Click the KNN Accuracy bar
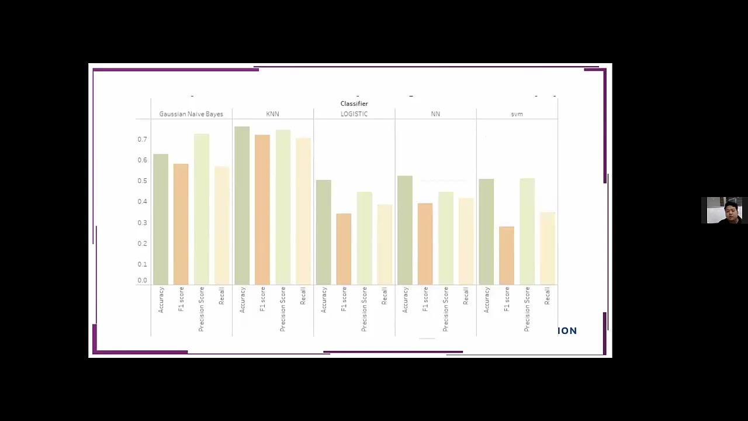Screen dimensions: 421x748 click(242, 205)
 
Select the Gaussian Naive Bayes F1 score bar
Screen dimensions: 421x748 click(181, 224)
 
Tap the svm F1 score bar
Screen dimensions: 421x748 click(507, 256)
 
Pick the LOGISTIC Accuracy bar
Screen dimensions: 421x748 click(324, 232)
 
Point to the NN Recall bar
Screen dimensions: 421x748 click(466, 241)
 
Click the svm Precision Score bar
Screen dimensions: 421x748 click(527, 231)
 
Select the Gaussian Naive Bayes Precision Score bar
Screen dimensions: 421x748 click(202, 209)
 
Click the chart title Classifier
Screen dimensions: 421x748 click(354, 103)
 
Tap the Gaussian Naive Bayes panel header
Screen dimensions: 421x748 click(191, 114)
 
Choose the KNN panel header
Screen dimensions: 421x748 click(272, 114)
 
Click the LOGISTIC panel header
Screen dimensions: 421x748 click(354, 114)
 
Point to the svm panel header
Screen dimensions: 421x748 click(517, 114)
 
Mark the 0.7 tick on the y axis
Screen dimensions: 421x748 click(142, 139)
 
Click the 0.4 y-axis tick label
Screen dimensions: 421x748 click(142, 202)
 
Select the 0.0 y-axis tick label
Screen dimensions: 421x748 click(142, 281)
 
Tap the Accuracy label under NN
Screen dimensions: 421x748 click(405, 300)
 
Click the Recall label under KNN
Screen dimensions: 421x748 click(303, 296)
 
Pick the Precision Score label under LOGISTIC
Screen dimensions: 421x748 click(364, 309)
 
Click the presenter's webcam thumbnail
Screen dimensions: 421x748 click(724, 210)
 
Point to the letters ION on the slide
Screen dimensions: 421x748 click(567, 331)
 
